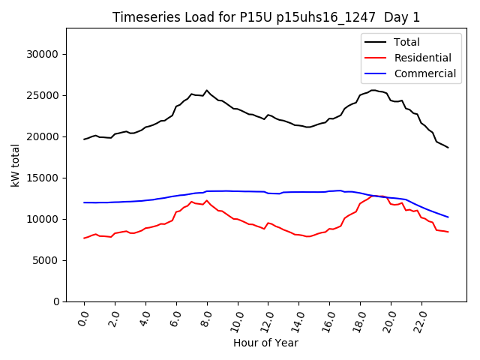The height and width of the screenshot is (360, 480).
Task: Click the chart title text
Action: coord(266,17)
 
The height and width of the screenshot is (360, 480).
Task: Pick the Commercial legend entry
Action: coord(424,73)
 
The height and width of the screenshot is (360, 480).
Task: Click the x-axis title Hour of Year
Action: coord(265,343)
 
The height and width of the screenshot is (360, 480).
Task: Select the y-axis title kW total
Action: coord(16,165)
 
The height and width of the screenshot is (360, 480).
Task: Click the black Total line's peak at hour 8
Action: coord(207,91)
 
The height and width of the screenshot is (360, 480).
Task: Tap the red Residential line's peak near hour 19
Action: coord(373,196)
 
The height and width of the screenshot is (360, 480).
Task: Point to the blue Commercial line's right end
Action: coord(448,217)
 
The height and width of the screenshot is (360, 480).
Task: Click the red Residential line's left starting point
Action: coord(84,238)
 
